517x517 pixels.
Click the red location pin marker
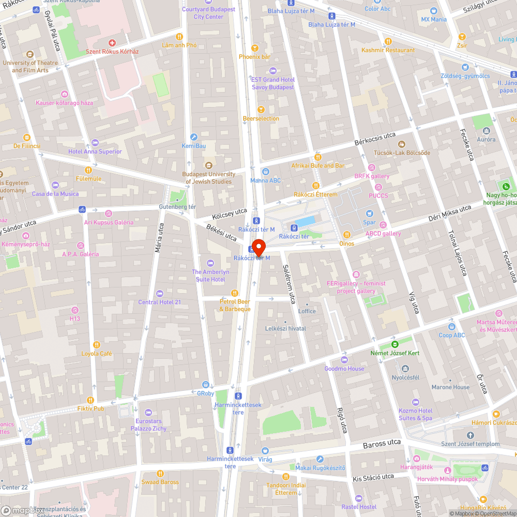258,246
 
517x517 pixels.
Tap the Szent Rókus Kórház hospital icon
112,43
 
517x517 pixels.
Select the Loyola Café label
96,354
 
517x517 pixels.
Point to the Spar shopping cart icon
370,214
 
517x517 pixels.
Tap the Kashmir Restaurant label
388,50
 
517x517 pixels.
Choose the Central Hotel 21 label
159,302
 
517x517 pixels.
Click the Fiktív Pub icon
90,400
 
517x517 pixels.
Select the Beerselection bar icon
261,110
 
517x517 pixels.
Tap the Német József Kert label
395,353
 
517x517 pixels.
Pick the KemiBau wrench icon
194,137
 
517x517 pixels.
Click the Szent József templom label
470,444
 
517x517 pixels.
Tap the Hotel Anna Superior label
95,151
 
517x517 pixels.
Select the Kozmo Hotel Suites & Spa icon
415,402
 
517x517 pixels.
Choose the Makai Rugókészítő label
320,468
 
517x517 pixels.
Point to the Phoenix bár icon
254,48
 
